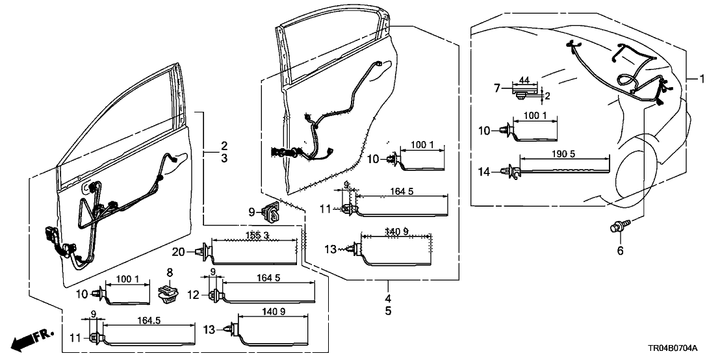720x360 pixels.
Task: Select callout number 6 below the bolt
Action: pos(619,251)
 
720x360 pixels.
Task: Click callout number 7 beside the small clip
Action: pos(498,87)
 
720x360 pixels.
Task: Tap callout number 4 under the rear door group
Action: pos(389,298)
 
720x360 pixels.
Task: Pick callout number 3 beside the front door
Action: pos(223,158)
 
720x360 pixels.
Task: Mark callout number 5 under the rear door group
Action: pos(389,311)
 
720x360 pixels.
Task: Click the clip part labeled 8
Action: pos(170,294)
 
